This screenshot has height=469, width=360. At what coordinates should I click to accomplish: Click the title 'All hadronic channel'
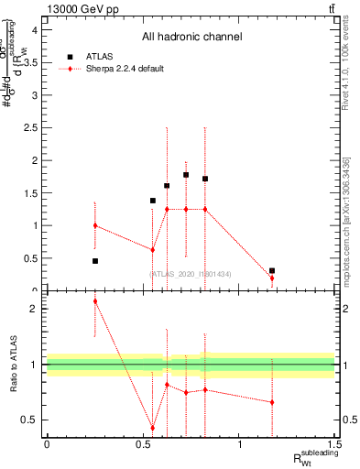click(x=191, y=37)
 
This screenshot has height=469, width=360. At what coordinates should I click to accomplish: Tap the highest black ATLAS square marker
click(x=186, y=174)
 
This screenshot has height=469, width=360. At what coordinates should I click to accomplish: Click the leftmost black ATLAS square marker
click(x=95, y=261)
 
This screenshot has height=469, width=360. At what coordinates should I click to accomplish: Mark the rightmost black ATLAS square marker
click(x=272, y=270)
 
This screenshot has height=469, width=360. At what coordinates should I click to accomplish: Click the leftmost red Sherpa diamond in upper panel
click(x=95, y=225)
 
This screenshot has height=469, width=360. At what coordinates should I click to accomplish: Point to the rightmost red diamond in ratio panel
click(x=272, y=402)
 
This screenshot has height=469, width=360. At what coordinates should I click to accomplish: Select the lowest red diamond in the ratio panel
click(x=153, y=428)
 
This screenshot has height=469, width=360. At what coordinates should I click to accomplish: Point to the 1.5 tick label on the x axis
click(x=336, y=446)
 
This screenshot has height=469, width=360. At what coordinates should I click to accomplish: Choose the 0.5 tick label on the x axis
click(x=143, y=446)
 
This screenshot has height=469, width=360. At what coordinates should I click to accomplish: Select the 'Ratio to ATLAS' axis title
click(x=12, y=364)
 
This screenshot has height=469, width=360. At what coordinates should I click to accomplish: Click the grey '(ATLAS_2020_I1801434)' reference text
click(x=191, y=273)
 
